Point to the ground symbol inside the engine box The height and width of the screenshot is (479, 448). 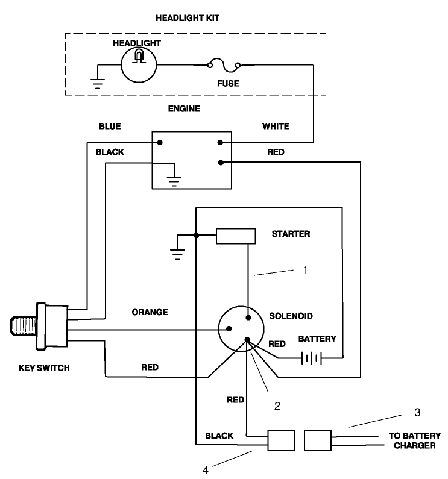pos(174,179)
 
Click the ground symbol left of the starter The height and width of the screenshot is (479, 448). pos(176,252)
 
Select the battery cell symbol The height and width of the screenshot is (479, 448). pos(311,358)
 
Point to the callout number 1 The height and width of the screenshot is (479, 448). pos(305,270)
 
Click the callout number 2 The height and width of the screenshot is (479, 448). pos(277,405)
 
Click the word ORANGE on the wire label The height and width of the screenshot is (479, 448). pos(150,312)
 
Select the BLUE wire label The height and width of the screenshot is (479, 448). pos(110,126)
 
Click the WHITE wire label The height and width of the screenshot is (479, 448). pos(276,126)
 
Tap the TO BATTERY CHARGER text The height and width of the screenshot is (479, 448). pos(412,441)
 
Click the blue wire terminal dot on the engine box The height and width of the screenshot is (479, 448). pos(160,143)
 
